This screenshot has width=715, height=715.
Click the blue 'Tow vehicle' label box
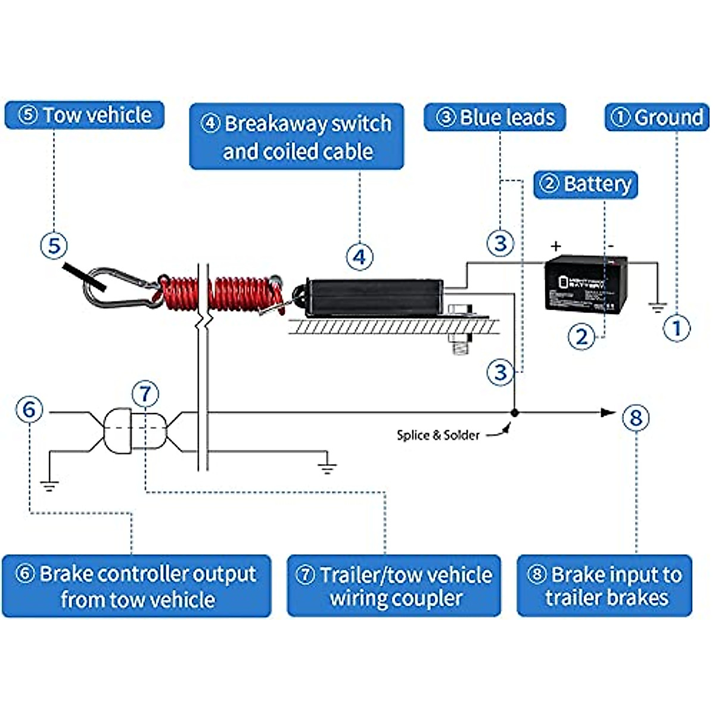point(84,115)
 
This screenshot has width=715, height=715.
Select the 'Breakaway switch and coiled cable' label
point(297,137)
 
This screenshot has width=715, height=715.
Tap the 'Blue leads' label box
point(495,117)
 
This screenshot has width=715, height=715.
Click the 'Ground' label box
point(657,117)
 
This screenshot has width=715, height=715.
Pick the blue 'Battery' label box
point(586,184)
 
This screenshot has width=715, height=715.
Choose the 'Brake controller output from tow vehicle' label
point(136,586)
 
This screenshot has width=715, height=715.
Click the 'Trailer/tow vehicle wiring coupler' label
point(394,586)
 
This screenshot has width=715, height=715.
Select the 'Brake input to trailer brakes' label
point(604,586)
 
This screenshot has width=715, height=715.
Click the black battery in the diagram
point(586,283)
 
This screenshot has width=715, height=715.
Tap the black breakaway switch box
point(374,297)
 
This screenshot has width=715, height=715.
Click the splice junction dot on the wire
point(515,412)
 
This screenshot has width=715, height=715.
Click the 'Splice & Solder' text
point(438,436)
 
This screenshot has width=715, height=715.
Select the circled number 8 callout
point(636,417)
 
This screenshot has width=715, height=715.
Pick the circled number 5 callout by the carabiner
point(54,245)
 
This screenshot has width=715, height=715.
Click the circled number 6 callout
point(29,410)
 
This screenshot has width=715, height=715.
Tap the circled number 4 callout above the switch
point(359,257)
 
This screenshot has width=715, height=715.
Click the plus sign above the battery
point(556,246)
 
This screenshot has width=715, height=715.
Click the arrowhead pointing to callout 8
point(608,412)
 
